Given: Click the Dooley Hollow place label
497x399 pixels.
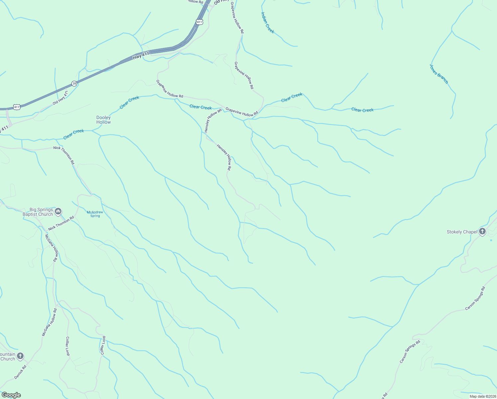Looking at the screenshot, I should (103, 120).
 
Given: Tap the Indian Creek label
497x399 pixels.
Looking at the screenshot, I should (267, 23).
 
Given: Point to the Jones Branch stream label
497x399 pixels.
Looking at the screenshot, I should (439, 74).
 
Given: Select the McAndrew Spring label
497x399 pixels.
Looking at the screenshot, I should (95, 214).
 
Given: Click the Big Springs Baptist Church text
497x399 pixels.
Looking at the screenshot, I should (38, 212).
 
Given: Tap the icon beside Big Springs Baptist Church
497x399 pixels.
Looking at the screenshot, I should (58, 211).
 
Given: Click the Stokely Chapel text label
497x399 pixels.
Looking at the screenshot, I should (462, 232).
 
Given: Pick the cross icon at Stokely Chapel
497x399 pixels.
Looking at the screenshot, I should (482, 232).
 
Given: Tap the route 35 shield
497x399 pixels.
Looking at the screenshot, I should (74, 83).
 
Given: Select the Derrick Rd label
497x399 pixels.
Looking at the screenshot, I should (20, 372).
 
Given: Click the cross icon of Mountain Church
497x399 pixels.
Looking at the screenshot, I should (20, 356).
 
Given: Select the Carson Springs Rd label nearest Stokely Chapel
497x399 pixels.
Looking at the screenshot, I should (475, 298).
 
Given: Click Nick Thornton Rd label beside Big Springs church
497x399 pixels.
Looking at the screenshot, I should (61, 223).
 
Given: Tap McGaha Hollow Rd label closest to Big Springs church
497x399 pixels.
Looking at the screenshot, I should (51, 248).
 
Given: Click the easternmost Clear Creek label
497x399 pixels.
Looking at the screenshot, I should (362, 110).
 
